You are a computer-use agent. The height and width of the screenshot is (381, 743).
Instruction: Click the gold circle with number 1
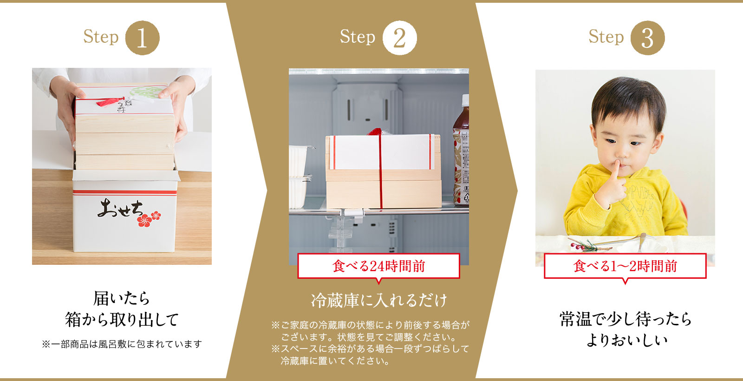[x=142, y=38]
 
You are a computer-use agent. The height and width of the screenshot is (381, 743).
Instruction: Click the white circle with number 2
[x=399, y=38]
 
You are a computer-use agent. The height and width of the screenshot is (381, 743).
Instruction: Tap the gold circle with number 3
[x=647, y=38]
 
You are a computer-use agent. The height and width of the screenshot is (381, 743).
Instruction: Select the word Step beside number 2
[x=357, y=37]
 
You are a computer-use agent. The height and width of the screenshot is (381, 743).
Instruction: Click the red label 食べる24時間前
[x=378, y=266]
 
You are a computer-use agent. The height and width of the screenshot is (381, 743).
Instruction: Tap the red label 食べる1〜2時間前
[x=625, y=266]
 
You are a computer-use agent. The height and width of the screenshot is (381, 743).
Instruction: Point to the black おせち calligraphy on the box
[x=120, y=208]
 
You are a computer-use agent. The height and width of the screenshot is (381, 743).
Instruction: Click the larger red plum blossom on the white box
[x=144, y=220]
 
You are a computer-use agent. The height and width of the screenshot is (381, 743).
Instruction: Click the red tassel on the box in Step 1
[x=110, y=102]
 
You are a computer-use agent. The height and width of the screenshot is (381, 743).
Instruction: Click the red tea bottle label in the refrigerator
[x=462, y=166]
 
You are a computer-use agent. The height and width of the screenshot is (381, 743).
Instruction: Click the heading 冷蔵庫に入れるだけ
[x=379, y=300]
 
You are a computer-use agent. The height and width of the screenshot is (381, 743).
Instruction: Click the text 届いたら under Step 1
[x=122, y=298]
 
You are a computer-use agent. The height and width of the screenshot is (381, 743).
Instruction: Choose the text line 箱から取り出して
[x=122, y=320]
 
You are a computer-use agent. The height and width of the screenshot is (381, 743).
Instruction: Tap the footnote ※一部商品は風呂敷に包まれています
[x=122, y=344]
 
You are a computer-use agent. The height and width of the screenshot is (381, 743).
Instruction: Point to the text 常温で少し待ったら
[x=625, y=319]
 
